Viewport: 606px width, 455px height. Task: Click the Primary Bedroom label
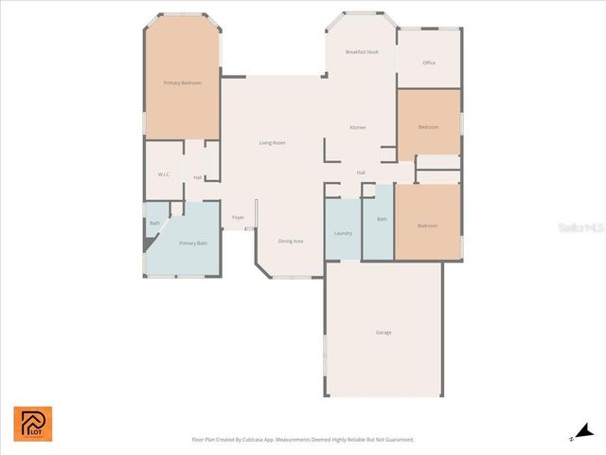(x=183, y=83)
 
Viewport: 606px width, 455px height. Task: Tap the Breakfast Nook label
(x=362, y=52)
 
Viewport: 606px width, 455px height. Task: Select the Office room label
(x=429, y=64)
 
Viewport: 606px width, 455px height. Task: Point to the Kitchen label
(x=358, y=128)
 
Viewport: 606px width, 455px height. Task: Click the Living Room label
(x=273, y=143)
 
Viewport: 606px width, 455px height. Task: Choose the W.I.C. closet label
(x=164, y=175)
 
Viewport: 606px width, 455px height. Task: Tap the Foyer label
(x=239, y=218)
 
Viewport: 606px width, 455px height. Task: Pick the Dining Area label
(x=291, y=242)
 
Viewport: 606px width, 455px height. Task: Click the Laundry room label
(x=343, y=233)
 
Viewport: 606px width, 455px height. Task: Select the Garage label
(x=383, y=333)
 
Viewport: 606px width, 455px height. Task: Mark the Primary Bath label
(x=194, y=244)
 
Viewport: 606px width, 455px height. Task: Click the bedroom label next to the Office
(x=429, y=127)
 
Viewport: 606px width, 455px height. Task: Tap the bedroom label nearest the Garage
(x=428, y=226)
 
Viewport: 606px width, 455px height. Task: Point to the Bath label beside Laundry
(x=383, y=220)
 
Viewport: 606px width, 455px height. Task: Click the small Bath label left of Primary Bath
(x=154, y=224)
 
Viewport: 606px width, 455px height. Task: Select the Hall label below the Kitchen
(x=361, y=173)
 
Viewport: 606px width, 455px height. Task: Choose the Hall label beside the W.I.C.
(x=198, y=177)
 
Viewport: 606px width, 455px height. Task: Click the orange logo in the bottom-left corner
(x=33, y=424)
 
